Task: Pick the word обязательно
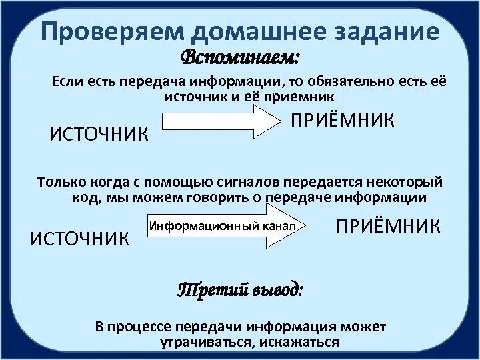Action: [x=344, y=81]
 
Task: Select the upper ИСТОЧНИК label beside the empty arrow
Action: [x=98, y=134]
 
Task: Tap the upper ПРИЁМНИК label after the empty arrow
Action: [x=342, y=121]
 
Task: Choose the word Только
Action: [x=61, y=181]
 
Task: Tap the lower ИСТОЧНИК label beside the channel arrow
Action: [x=81, y=238]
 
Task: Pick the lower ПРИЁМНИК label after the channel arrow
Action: [x=387, y=225]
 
